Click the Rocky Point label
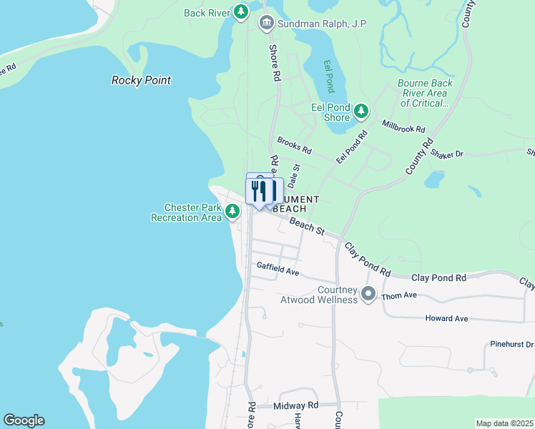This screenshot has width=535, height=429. tap(141, 80)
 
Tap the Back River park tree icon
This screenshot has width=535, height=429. tap(242, 11)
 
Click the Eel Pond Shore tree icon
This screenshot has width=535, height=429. tap(362, 111)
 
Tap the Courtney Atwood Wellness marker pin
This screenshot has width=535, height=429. tap(368, 293)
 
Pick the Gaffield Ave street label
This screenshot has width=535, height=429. tap(278, 272)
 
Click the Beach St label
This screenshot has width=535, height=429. tap(308, 227)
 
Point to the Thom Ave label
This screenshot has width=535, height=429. tap(399, 295)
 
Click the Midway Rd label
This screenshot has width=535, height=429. tap(295, 405)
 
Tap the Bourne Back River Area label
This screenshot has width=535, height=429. tap(425, 93)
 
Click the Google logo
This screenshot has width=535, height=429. tap(24, 420)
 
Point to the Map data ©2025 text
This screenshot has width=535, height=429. tap(504, 423)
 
